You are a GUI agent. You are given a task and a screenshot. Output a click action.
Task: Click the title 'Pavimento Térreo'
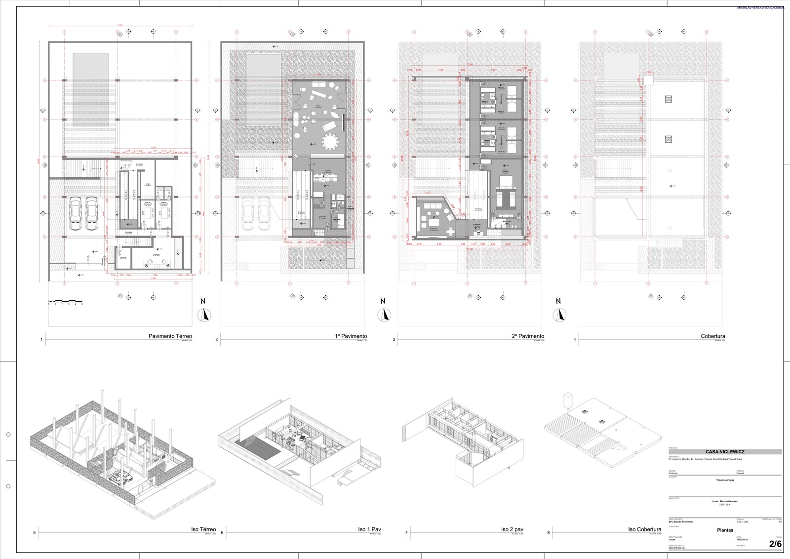[x=170, y=336]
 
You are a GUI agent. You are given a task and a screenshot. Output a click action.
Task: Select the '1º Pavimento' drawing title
[x=351, y=336]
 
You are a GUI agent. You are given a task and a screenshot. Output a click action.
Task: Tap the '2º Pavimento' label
[x=528, y=336]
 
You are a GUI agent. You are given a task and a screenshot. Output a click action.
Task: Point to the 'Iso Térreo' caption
[x=203, y=529]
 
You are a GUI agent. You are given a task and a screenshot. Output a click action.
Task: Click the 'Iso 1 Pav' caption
[x=369, y=529]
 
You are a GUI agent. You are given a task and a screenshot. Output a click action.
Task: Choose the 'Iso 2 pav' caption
[x=512, y=529]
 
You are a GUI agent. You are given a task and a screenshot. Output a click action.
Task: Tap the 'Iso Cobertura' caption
[x=644, y=529]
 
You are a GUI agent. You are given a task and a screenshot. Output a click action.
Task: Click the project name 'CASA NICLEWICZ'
[x=725, y=452]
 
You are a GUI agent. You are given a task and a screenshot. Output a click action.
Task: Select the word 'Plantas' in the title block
[x=725, y=530]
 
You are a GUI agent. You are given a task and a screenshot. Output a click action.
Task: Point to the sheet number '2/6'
[x=775, y=544]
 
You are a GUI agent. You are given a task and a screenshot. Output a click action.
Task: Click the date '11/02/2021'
[x=743, y=539]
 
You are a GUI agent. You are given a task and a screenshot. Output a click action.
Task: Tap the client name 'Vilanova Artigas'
[x=725, y=479]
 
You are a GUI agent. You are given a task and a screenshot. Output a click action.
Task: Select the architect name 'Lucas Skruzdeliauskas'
[x=725, y=501]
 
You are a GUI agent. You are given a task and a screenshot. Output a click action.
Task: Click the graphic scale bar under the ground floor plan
[x=65, y=301]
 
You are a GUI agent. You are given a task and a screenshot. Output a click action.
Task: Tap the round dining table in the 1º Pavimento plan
[x=328, y=142]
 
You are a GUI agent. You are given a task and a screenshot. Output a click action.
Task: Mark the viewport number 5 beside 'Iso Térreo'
[x=34, y=533]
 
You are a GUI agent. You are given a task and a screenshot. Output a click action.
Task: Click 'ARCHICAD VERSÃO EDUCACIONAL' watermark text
[x=762, y=8]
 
